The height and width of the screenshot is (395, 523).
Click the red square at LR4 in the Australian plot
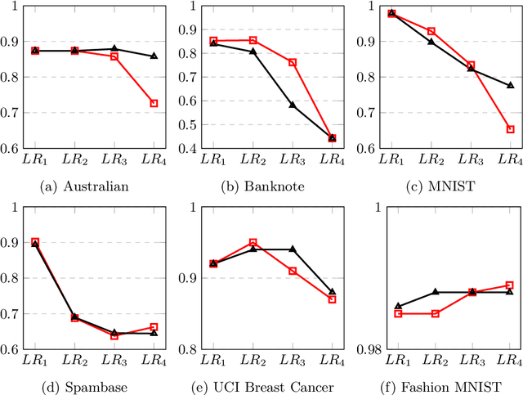point(153,103)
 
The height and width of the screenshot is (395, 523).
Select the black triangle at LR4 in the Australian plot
point(153,56)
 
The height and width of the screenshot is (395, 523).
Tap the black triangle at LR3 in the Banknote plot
point(293,105)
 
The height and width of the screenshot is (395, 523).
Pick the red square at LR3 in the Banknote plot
point(293,62)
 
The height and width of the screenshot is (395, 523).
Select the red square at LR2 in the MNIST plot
point(431,31)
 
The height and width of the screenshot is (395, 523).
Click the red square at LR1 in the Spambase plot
point(35,242)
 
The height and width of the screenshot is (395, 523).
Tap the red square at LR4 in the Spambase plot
point(153,327)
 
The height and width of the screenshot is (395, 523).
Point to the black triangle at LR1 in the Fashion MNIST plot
point(398,306)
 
